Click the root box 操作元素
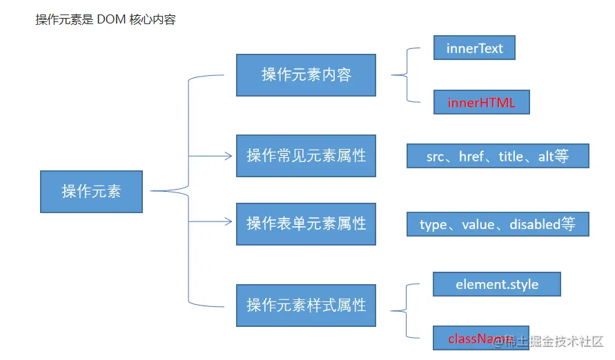coord(91,191)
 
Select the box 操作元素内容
coord(306,74)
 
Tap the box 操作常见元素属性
coord(306,156)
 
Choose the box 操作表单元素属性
coord(306,223)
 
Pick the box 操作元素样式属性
coord(306,305)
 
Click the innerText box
coord(474,48)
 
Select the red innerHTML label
coord(480,103)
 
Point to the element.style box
coord(496,284)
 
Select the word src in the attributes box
coord(435,157)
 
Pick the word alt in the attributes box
coord(546,157)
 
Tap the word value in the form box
coord(478,224)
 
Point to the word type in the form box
coord(433,224)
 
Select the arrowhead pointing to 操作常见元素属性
coord(228,156)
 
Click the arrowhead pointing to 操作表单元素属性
coord(228,221)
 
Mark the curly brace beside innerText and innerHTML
coord(407,75)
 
